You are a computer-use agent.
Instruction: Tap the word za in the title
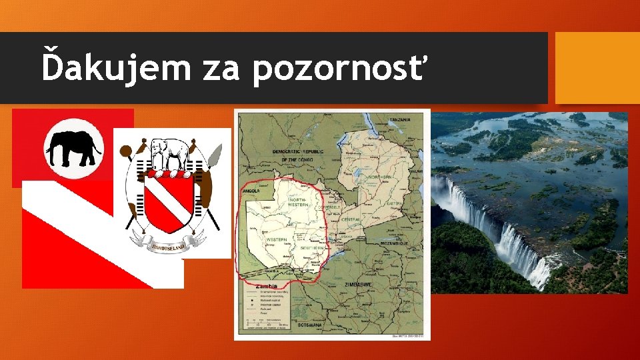(221, 68)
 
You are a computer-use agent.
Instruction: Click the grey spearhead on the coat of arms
(215, 155)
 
